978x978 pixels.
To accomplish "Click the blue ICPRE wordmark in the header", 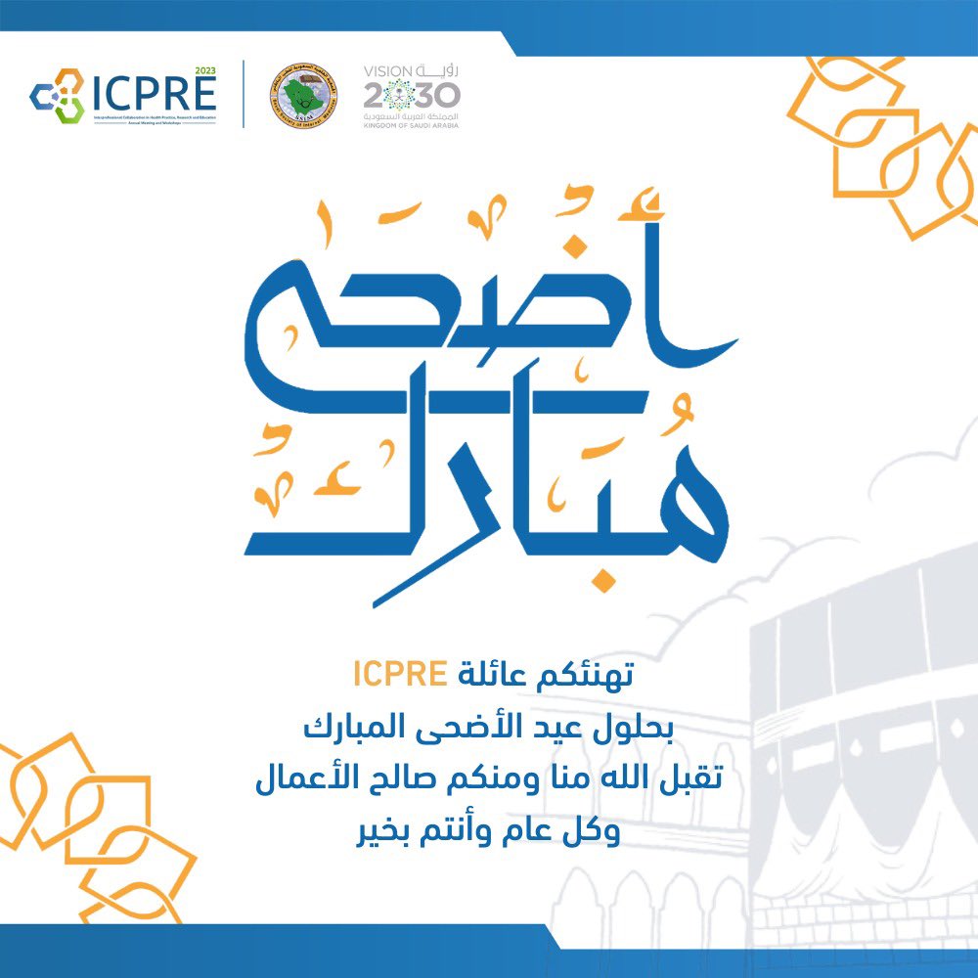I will click(154, 94).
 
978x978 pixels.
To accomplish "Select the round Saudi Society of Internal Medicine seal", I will click(303, 96).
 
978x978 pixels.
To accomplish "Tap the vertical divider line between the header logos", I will click(244, 94).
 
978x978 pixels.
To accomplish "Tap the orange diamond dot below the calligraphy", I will click(606, 583).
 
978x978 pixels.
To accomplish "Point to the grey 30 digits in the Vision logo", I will click(437, 96).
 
